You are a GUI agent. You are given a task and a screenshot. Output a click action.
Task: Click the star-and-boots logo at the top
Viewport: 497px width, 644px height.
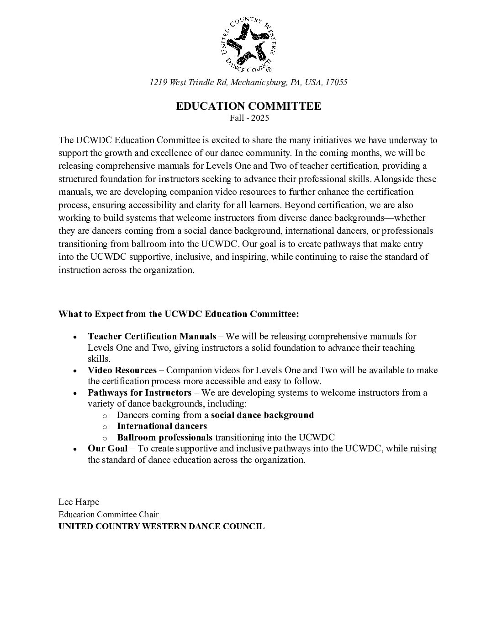click(248, 44)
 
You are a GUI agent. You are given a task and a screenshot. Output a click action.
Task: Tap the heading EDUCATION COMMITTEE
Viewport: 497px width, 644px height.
click(248, 106)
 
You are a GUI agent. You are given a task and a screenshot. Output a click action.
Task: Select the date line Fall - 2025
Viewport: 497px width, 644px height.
click(249, 118)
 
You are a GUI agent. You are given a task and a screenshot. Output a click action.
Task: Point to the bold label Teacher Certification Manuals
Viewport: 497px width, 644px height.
click(152, 337)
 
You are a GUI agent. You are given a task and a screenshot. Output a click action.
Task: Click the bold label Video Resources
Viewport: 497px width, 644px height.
click(122, 370)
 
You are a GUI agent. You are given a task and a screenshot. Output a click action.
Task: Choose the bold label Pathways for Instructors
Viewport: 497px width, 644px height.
click(139, 392)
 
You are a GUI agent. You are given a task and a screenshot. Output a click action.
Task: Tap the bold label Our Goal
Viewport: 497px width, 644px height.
click(107, 448)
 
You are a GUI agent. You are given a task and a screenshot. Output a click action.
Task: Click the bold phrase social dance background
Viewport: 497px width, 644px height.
click(262, 415)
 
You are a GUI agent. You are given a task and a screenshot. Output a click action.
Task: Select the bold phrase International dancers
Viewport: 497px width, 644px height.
click(162, 426)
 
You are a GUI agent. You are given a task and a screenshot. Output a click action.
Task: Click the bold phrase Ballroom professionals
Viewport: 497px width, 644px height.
click(164, 437)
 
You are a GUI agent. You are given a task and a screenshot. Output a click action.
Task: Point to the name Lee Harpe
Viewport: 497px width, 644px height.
click(79, 502)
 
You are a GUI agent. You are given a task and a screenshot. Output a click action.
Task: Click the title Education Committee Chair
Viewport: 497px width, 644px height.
click(108, 514)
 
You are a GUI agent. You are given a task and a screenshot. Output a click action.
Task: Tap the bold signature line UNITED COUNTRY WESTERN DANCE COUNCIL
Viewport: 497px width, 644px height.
click(161, 526)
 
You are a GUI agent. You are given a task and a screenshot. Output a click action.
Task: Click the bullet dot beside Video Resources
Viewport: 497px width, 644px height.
click(74, 371)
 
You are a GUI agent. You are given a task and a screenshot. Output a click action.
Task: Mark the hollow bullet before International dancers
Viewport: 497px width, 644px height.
click(105, 427)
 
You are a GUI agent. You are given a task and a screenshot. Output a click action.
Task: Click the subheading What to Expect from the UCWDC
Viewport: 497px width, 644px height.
click(179, 314)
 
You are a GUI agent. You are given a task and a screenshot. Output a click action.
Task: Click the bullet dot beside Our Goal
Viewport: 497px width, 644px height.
click(74, 449)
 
